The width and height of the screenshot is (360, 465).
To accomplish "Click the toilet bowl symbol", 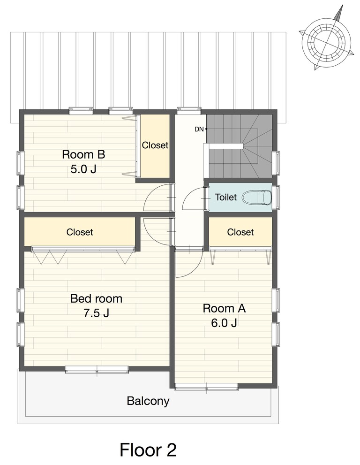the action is click(257, 198).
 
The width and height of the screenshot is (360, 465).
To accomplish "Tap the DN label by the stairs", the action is click(199, 130).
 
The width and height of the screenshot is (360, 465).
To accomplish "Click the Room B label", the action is click(83, 154).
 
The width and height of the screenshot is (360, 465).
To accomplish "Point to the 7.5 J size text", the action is click(96, 313).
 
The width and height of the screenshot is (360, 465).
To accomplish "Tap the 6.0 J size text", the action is click(224, 323).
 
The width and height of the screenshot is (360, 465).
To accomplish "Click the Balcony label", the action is click(148, 401).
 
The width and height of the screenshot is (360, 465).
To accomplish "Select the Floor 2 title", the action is click(148, 450).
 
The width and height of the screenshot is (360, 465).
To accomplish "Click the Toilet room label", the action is click(226, 197).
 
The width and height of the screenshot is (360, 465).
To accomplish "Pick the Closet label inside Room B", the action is click(155, 145).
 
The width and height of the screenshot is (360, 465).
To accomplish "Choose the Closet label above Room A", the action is click(240, 232).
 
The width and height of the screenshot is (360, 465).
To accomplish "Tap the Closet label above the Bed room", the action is click(80, 232).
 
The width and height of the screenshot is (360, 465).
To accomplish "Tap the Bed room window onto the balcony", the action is click(97, 370).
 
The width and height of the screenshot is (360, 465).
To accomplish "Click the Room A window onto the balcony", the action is click(207, 387).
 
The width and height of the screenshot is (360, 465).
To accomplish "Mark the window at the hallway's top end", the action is click(189, 111).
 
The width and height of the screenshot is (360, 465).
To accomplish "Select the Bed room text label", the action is click(96, 298).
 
